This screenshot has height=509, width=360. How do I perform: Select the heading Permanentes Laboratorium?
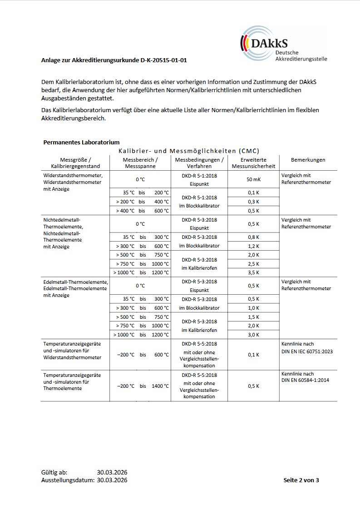pyautogui.click(x=81, y=142)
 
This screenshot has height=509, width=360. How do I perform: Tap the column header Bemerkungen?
pyautogui.click(x=308, y=160)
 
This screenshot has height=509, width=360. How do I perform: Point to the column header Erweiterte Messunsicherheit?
pyautogui.click(x=253, y=163)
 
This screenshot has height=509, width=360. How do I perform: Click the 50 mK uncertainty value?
pyautogui.click(x=253, y=179)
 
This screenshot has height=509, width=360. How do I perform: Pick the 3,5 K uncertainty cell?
pyautogui.click(x=253, y=272)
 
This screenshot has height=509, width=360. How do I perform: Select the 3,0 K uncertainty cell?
pyautogui.click(x=253, y=335)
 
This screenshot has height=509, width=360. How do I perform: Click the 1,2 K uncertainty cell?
pyautogui.click(x=253, y=246)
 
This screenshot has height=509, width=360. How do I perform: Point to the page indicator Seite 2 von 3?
pyautogui.click(x=301, y=480)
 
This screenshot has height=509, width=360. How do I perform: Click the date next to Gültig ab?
pyautogui.click(x=112, y=473)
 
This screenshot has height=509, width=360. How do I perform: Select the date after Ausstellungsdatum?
pyautogui.click(x=112, y=480)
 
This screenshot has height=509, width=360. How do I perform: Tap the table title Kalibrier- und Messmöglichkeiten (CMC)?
pyautogui.click(x=189, y=150)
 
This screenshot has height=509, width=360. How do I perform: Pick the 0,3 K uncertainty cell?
pyautogui.click(x=253, y=202)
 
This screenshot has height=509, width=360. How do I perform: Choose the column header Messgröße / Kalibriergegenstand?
pyautogui.click(x=75, y=163)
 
